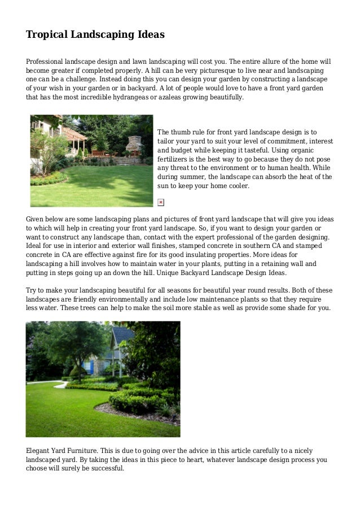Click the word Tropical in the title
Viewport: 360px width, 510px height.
[x=46, y=35]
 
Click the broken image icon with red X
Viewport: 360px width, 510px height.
[x=161, y=202]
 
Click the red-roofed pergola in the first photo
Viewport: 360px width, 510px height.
[x=74, y=134]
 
